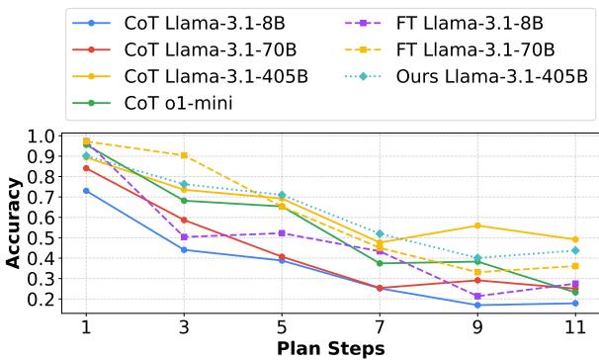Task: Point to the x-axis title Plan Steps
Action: (x=329, y=349)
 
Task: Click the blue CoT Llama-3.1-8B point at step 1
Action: (x=87, y=190)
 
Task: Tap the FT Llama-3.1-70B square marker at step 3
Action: (x=185, y=155)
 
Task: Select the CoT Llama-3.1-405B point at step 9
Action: (x=477, y=225)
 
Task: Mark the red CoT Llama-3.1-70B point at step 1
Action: (x=87, y=168)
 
